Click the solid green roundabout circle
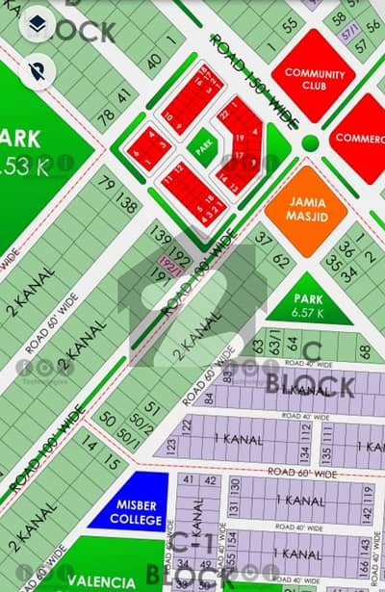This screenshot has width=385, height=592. tap(310, 142)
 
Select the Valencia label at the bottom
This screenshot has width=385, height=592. tap(101, 579)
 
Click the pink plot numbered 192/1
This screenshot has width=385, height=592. tap(173, 261)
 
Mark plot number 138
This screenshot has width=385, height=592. tap(126, 202)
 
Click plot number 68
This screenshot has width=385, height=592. tap(364, 351)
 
